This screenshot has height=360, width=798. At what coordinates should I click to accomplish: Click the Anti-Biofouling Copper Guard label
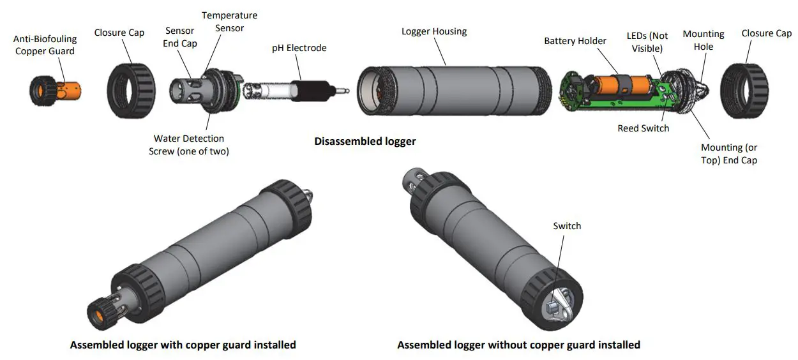45,45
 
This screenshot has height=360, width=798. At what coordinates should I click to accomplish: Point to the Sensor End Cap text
181,37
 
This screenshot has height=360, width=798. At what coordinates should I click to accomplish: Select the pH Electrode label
299,48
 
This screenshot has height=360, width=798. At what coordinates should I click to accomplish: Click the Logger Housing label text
433,31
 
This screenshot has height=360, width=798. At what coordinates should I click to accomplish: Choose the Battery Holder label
575,41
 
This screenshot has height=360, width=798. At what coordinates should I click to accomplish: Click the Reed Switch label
643,128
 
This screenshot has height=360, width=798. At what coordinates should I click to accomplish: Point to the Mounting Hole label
704,40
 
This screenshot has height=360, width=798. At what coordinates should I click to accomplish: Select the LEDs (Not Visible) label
647,42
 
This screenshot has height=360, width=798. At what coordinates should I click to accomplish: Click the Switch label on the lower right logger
567,226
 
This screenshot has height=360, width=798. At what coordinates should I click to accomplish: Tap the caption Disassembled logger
365,141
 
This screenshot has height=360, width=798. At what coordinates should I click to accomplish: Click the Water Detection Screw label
189,145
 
